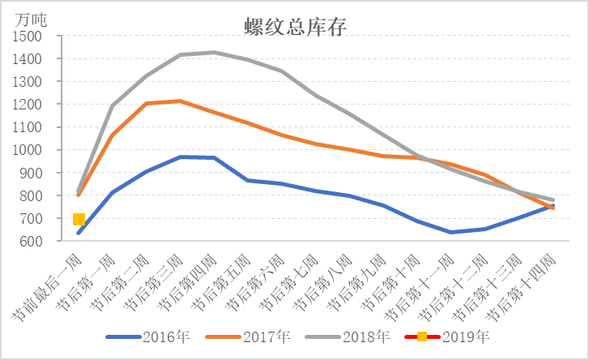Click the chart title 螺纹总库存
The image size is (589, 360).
(295, 26)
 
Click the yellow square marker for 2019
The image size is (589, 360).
(79, 219)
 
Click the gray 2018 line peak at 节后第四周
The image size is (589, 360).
(214, 53)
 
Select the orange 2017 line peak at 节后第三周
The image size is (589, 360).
(180, 101)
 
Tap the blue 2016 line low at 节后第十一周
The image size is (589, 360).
(452, 232)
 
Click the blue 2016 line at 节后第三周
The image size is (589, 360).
(180, 156)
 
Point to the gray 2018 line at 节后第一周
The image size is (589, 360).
(113, 105)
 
